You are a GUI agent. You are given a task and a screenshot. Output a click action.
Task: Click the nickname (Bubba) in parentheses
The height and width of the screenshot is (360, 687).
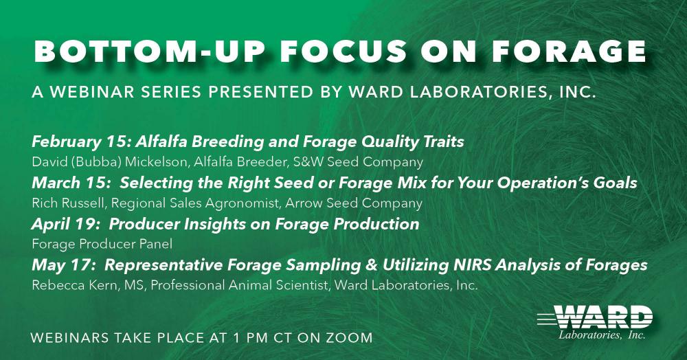(x=99, y=162)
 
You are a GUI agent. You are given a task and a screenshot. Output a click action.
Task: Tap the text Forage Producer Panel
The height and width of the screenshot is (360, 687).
(x=102, y=244)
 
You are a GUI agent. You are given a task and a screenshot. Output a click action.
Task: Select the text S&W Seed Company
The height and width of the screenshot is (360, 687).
(x=358, y=162)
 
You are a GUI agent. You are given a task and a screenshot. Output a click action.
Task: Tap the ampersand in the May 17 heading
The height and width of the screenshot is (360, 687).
(x=371, y=265)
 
